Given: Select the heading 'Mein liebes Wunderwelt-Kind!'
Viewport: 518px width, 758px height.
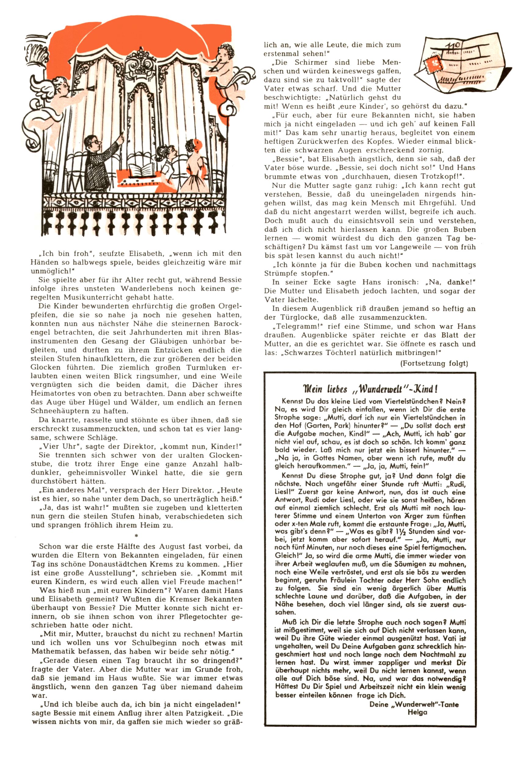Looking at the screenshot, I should click(x=370, y=389).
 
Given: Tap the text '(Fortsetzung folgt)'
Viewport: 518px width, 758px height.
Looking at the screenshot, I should click(x=434, y=363).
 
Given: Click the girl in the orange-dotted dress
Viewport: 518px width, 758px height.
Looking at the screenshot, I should click(x=192, y=170).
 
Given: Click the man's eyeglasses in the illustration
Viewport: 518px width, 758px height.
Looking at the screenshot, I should click(x=93, y=142).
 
